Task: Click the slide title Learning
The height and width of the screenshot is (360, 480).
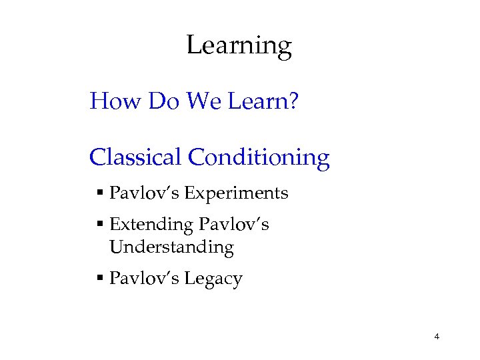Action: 239,46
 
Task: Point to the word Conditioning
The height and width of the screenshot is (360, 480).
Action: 259,157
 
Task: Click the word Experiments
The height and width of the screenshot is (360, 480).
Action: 236,193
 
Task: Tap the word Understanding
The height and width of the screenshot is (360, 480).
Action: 171,247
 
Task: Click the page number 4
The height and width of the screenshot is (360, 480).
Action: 436,337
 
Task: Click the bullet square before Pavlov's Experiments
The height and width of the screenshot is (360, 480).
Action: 99,194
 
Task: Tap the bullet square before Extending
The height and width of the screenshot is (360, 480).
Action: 99,225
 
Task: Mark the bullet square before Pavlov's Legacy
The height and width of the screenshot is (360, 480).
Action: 99,279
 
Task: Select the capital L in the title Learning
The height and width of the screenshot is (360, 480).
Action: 193,45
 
